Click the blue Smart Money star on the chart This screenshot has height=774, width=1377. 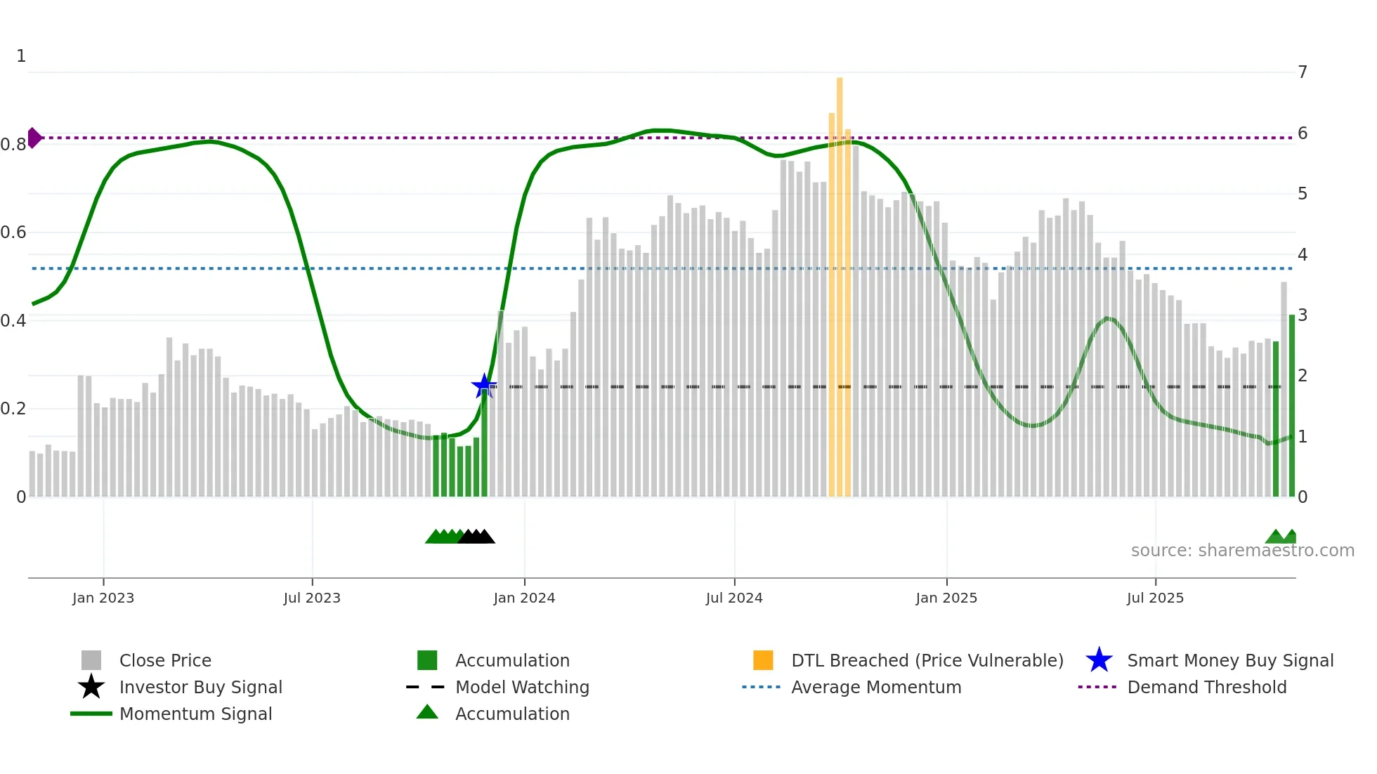coord(483,386)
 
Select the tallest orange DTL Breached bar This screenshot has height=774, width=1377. coord(840,281)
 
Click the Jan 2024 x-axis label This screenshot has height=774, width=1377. coord(524,598)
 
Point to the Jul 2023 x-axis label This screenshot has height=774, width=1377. coord(312,598)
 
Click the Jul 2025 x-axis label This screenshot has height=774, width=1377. coord(1155,598)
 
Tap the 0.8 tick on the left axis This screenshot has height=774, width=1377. coord(13,145)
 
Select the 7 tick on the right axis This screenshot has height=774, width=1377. coord(1303,72)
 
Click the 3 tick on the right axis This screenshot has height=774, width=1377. coord(1303,315)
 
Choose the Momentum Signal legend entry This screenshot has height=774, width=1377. coord(195,714)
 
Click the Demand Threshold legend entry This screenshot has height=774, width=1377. coord(1206,687)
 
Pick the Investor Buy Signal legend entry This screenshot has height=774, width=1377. coord(200,687)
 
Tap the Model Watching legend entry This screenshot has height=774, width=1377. coord(522,687)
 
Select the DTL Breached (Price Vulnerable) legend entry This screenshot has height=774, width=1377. coord(927,660)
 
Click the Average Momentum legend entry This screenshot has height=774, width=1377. coord(876,687)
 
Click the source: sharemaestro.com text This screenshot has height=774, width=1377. coord(1242,550)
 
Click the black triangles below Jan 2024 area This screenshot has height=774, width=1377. coord(476,537)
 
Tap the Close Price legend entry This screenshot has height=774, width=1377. coord(165,660)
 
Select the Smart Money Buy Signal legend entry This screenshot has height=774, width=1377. coord(1229,660)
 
